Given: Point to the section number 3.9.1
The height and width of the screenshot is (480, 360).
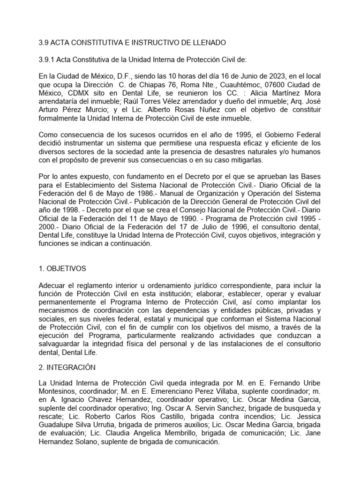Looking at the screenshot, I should [x=47, y=60].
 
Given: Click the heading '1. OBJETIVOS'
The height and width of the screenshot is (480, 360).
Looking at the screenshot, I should [x=62, y=269].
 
